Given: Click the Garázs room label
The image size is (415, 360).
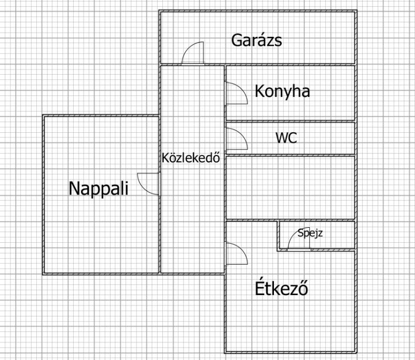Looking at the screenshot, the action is pos(256,40).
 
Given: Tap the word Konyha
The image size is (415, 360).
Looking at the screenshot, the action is pos(282,91).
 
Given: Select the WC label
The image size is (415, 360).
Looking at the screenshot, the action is pos(286,137).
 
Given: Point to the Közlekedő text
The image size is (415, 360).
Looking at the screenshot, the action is pos(191,158).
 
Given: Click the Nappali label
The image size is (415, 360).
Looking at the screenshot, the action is pos(99,188).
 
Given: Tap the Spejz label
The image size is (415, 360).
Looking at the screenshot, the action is pos(310,233).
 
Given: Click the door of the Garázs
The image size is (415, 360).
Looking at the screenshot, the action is pos(193,53).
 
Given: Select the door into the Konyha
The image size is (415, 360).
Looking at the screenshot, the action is pos(236,93).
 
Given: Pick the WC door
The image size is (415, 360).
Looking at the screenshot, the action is pos(236,139).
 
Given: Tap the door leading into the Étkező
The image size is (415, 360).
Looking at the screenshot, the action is pos(236,253).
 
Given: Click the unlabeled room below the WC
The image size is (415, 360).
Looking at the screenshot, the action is pos(290,188).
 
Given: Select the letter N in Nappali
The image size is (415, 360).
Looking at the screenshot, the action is pos(74,188).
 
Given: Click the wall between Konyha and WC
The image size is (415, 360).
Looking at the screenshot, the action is pos(290,121).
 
